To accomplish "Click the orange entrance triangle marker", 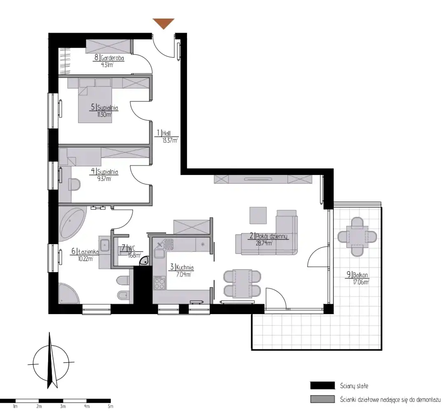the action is [x=164, y=23].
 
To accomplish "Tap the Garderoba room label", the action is [x=112, y=58].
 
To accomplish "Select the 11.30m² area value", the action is [x=104, y=115].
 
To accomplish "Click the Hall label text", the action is [x=166, y=133].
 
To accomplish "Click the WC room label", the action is [x=131, y=248].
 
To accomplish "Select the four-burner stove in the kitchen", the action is [x=159, y=283].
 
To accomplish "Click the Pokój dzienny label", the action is [x=271, y=236].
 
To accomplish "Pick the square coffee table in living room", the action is [x=258, y=215].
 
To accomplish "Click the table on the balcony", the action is [x=357, y=236].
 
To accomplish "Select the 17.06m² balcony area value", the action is [x=361, y=282].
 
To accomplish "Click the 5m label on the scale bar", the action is [x=111, y=406].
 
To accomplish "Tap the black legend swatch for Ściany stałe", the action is [x=322, y=386].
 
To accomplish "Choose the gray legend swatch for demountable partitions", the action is [x=322, y=399].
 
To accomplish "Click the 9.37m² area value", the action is [x=104, y=179].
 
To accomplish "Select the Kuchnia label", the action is [x=185, y=268].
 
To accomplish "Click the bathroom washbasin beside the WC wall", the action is [x=105, y=245].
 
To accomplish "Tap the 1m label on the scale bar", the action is [x=15, y=406].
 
